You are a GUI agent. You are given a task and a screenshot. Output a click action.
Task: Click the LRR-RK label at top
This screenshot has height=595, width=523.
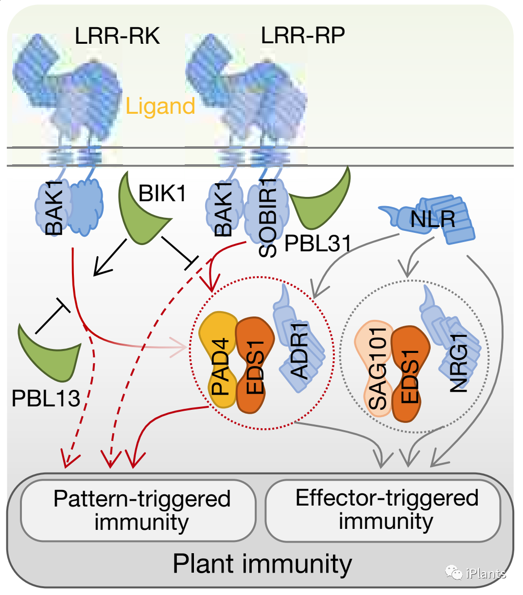click(117, 36)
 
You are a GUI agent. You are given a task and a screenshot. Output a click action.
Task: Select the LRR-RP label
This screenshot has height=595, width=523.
click(303, 35)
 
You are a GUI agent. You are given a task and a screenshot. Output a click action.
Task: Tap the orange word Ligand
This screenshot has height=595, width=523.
click(160, 106)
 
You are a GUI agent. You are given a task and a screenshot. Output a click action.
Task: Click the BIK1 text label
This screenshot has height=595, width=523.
click(162, 193)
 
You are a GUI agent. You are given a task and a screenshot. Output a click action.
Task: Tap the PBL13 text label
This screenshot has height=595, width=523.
click(46, 399)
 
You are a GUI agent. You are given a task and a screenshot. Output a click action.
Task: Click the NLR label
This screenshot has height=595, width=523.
click(433, 219)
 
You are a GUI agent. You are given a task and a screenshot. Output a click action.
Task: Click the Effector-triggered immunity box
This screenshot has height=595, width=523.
click(384, 510)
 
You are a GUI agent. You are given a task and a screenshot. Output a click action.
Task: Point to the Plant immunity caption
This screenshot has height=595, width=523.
click(262, 564)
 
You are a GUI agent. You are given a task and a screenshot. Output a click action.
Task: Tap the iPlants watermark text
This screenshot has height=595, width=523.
click(485, 574)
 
